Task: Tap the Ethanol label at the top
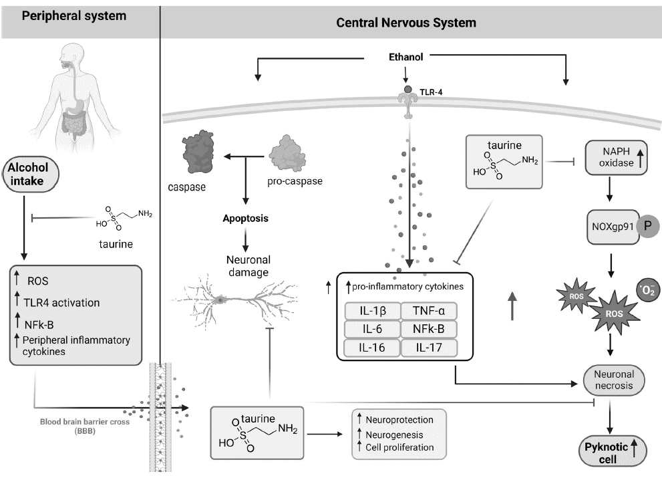(406, 57)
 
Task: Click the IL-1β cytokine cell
(371, 311)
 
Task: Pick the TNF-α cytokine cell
(428, 311)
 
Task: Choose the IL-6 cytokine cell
(371, 329)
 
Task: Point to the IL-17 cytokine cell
(428, 347)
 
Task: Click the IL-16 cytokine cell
(371, 347)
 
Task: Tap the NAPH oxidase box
(615, 158)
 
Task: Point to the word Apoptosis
(246, 218)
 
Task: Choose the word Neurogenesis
(395, 435)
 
